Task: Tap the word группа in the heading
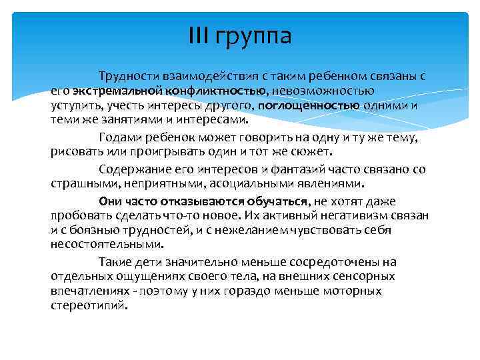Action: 253,36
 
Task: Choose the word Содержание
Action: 129,169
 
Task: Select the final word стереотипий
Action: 87,305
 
